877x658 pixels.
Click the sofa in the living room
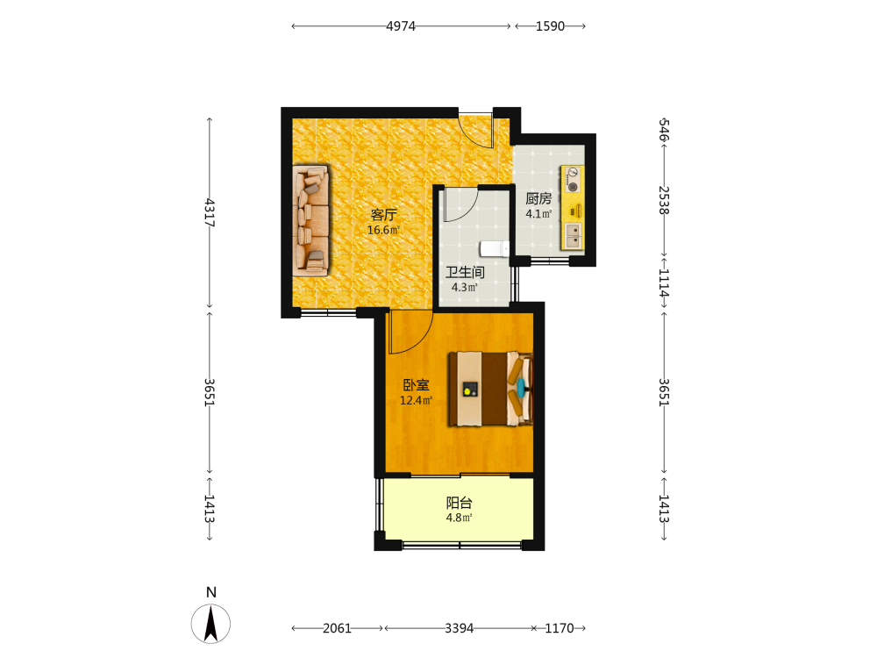(310, 220)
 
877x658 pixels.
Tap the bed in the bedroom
(491, 389)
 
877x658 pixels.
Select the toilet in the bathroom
(494, 248)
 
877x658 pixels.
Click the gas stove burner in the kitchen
(572, 187)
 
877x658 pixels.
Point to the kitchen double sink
(573, 235)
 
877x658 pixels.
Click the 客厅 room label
(384, 215)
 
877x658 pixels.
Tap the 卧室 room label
(416, 385)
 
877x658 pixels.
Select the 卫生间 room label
(465, 273)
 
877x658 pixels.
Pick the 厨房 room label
(538, 198)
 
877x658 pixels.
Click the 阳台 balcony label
(460, 503)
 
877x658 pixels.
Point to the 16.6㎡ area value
(383, 230)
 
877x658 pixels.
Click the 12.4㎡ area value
(416, 400)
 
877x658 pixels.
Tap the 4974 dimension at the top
(401, 26)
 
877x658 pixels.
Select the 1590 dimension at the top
(550, 26)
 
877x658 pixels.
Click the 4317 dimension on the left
(210, 212)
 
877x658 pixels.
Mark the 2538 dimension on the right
(664, 200)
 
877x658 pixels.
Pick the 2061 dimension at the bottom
(337, 628)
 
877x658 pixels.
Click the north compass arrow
(210, 624)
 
